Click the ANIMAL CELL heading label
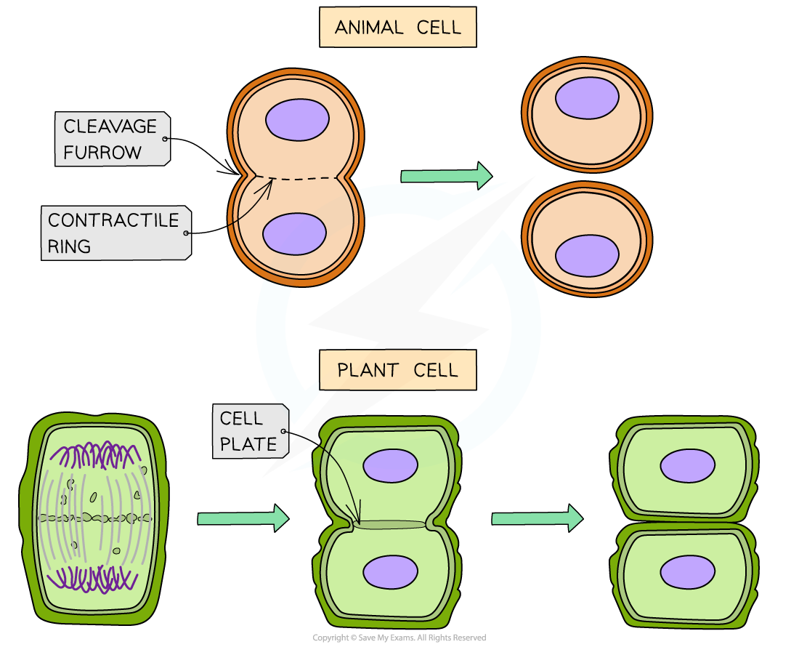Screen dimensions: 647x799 pos(397,28)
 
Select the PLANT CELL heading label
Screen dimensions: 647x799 pos(397,370)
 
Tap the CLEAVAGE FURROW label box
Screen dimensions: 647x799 pos(113,139)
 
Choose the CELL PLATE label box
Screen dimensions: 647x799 pos(249,431)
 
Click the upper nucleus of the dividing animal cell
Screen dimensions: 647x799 pos(297,120)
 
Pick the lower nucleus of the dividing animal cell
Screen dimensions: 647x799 pos(294,234)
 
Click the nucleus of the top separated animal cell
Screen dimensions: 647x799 pos(587,98)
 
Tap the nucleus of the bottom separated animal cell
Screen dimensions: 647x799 pos(587,256)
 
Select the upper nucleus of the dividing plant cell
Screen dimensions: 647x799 pos(390,465)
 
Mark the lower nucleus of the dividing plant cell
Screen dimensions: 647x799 pos(390,571)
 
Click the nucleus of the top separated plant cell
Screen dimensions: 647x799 pos(687,465)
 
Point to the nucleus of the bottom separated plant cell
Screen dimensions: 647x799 pos(687,572)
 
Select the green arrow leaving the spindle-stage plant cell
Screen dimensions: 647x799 pos(243,518)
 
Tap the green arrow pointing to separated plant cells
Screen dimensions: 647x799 pos(537,518)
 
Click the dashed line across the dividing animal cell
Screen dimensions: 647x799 pos(297,178)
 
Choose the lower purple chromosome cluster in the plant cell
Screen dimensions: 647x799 pos(92,579)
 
